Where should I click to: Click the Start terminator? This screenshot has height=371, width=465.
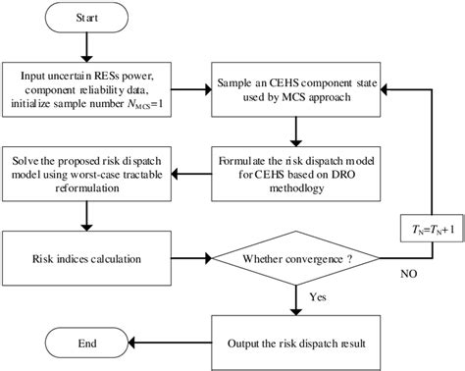pos(86,19)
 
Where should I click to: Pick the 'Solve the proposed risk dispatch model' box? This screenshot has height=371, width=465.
pos(86,168)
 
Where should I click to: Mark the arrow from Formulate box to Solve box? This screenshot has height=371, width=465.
pos(192,168)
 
